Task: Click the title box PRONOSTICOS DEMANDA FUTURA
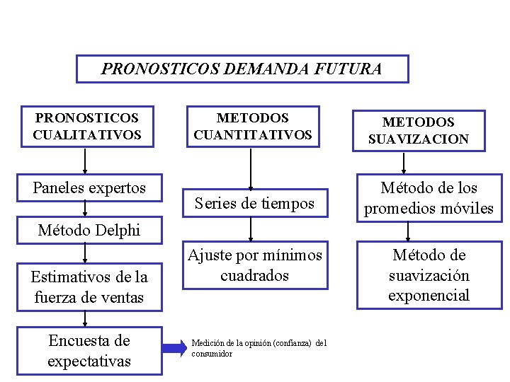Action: (242, 69)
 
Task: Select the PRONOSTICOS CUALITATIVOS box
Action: (86, 126)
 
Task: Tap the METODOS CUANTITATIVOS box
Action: (252, 126)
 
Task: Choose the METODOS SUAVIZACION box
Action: (418, 131)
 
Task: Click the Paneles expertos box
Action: (89, 187)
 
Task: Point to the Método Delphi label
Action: (89, 230)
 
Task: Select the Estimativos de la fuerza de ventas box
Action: (89, 287)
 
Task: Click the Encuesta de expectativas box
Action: (89, 351)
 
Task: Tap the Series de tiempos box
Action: (254, 204)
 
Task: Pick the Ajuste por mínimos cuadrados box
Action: (254, 265)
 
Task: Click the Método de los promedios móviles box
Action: (429, 198)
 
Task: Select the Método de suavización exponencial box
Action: (429, 275)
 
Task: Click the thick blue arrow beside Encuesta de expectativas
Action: (174, 348)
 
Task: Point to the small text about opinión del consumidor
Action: (259, 348)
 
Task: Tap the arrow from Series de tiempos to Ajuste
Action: (251, 230)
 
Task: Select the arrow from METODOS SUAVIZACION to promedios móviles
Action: (404, 163)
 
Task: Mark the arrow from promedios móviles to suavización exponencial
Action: (408, 233)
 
